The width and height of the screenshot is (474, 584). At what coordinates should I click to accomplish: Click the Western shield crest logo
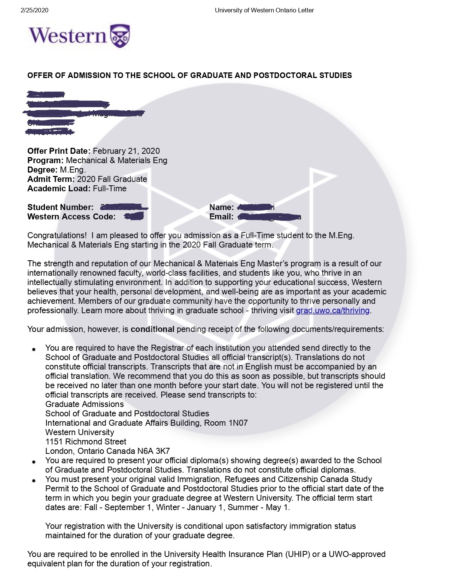tap(120, 36)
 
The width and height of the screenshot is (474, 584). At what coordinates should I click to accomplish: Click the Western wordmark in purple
tap(68, 36)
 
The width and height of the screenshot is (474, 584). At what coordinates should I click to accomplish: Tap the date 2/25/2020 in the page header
tap(34, 11)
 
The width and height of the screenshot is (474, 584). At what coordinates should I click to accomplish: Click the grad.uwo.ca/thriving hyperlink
tap(332, 311)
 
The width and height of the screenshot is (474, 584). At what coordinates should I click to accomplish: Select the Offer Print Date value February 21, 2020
tap(126, 151)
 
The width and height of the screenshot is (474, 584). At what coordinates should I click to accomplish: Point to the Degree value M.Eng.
tap(73, 170)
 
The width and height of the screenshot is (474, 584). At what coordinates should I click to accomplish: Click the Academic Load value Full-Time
tap(110, 189)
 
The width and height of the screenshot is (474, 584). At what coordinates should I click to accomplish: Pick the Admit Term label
tap(51, 179)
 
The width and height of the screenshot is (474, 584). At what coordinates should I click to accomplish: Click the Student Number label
tap(60, 207)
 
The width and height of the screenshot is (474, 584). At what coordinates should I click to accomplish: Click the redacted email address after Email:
tap(270, 217)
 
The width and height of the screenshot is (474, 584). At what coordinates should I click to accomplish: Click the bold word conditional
tap(152, 329)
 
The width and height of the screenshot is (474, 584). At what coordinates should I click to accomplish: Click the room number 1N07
tap(238, 423)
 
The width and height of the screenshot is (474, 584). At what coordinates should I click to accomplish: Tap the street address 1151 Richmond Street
tap(86, 442)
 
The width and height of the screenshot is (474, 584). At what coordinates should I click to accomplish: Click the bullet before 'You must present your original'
tap(34, 480)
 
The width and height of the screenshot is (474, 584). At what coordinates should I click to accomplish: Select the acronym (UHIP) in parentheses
tap(298, 554)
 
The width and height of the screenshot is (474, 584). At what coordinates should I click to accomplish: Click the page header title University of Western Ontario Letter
tap(264, 11)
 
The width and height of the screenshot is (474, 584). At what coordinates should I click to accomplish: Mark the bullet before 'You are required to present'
tap(34, 462)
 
